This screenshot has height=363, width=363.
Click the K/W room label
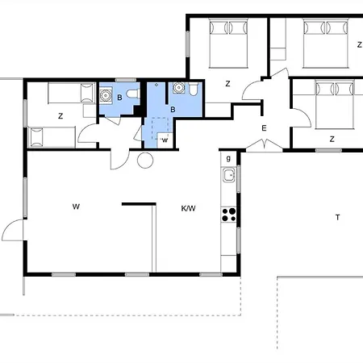coord(189,208)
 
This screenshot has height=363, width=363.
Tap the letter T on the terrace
coord(339,217)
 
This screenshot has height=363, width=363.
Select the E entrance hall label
coord(263,128)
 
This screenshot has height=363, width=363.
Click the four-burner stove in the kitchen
coord(228,214)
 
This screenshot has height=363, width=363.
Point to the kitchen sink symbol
coord(228,175)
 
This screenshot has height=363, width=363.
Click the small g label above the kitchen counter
coord(228,158)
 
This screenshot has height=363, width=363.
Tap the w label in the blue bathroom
coord(164,140)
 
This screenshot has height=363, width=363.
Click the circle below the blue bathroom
coord(145,160)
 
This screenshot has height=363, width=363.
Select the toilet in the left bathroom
coord(131,101)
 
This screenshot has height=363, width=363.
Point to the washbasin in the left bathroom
coord(105,97)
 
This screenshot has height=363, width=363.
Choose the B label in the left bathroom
coord(119,98)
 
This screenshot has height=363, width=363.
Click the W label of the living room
coord(76,207)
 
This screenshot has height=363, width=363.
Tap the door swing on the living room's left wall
coord(14,231)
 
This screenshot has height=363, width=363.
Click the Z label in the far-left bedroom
coord(60,116)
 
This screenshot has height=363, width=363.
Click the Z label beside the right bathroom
coord(228,83)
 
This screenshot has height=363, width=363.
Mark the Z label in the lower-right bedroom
coord(332,139)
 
